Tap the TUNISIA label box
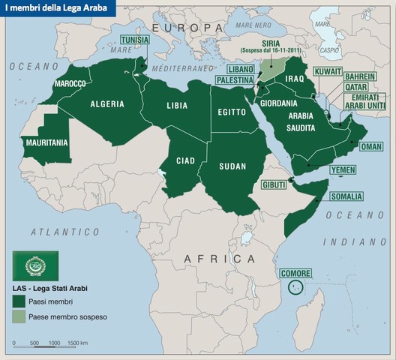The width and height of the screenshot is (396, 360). pos(139,40)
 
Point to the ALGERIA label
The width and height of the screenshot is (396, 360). pos(107,104)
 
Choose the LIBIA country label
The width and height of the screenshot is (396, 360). pos(177,106)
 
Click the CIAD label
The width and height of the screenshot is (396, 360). pos(185,160)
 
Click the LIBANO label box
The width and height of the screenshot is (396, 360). pos(235,68)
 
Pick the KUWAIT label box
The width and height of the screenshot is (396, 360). pos(327,70)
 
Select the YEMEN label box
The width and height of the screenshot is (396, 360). pos(343,170)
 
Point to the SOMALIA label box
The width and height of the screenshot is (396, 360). pos(346,196)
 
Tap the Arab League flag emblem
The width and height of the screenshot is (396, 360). pos(35,265)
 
